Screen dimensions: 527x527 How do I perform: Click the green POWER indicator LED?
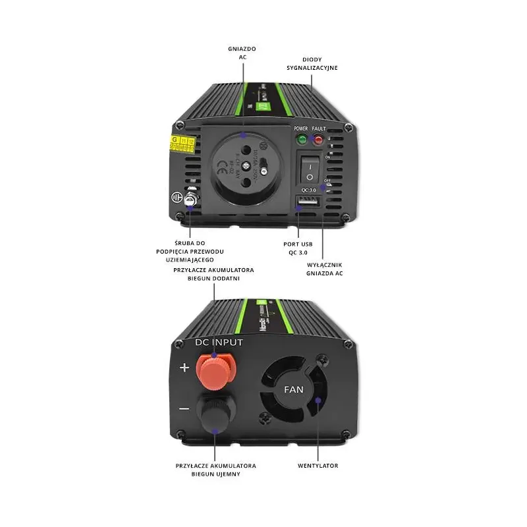(302, 140)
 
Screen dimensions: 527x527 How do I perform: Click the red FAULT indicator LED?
(318, 140)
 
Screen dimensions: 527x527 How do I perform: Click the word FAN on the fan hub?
(294, 389)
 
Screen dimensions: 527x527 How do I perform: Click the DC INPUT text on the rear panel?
(219, 342)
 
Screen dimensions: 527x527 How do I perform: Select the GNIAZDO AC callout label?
(242, 53)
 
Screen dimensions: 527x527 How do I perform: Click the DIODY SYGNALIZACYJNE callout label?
(312, 63)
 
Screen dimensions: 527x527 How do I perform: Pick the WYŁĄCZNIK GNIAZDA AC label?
(325, 268)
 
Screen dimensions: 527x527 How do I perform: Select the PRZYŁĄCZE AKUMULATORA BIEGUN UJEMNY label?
(216, 470)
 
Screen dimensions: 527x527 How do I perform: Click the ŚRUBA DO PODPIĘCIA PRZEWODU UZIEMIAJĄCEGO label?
(190, 252)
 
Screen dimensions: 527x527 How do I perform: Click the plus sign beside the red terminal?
(184, 368)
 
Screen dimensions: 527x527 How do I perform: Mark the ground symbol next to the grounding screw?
(176, 197)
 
